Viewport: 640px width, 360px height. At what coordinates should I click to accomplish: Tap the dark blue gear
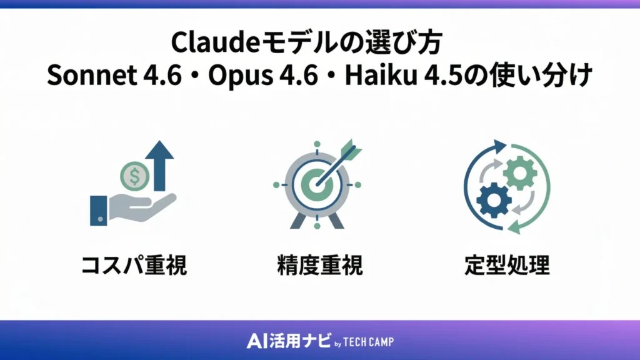[x=494, y=200]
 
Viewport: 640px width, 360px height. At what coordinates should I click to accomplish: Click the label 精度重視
[x=319, y=265]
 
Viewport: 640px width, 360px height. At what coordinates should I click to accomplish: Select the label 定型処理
[x=507, y=265]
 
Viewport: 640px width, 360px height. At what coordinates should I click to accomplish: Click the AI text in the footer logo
[x=257, y=341]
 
